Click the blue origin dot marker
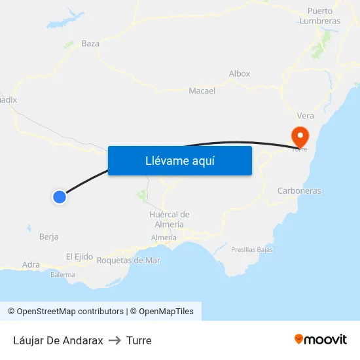[60, 196]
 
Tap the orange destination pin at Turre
[300, 137]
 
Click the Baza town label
[90, 44]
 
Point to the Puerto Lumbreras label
[319, 16]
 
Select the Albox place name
[240, 74]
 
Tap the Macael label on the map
[202, 91]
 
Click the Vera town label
[305, 116]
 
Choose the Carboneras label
[299, 191]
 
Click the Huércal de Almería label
[169, 219]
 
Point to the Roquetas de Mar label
[128, 261]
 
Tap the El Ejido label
[79, 257]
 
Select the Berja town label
[49, 237]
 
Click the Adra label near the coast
[31, 264]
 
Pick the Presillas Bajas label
[252, 249]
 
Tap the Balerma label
[63, 275]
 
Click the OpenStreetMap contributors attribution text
[70, 312]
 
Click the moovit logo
[321, 340]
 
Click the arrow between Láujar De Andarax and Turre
[115, 340]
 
